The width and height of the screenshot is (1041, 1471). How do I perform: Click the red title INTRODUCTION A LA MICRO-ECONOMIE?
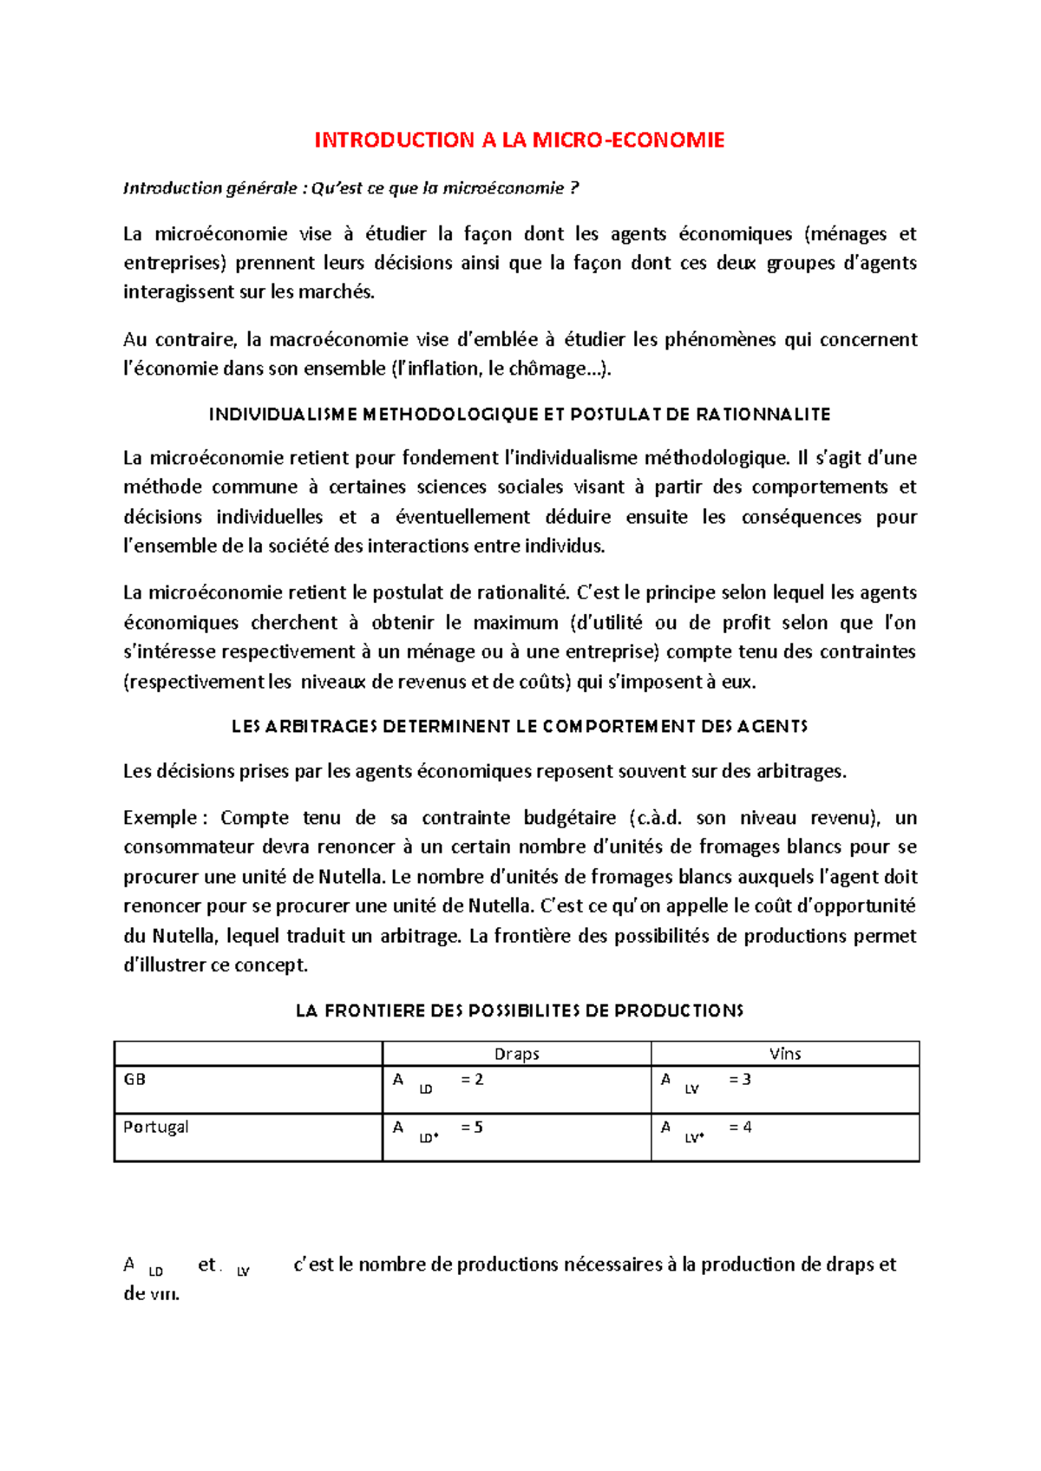pos(519,141)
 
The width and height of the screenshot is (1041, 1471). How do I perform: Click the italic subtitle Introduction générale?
pos(185,188)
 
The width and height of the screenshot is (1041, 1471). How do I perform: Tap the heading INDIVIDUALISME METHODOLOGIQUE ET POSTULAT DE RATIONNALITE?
pos(520,415)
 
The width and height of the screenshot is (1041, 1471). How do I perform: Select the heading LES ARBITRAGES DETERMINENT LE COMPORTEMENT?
pos(520,727)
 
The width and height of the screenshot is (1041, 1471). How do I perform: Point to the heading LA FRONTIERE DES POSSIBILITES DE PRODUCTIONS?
pos(520,1010)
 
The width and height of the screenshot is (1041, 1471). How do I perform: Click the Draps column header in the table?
pos(517,1054)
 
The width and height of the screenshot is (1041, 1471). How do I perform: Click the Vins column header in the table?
pos(785,1054)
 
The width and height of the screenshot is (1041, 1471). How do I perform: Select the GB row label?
pos(135,1080)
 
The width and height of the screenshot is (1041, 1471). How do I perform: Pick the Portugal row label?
pos(156,1127)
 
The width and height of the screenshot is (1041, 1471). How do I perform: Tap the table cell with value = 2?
pos(472,1080)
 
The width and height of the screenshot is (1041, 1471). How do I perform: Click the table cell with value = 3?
pos(740,1080)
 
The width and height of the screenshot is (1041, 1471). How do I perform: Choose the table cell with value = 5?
pos(472,1128)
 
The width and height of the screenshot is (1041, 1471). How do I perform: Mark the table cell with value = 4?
pos(740,1128)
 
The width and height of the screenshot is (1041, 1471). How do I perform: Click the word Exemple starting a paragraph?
pos(160,818)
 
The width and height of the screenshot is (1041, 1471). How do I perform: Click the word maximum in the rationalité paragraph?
pos(515,623)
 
